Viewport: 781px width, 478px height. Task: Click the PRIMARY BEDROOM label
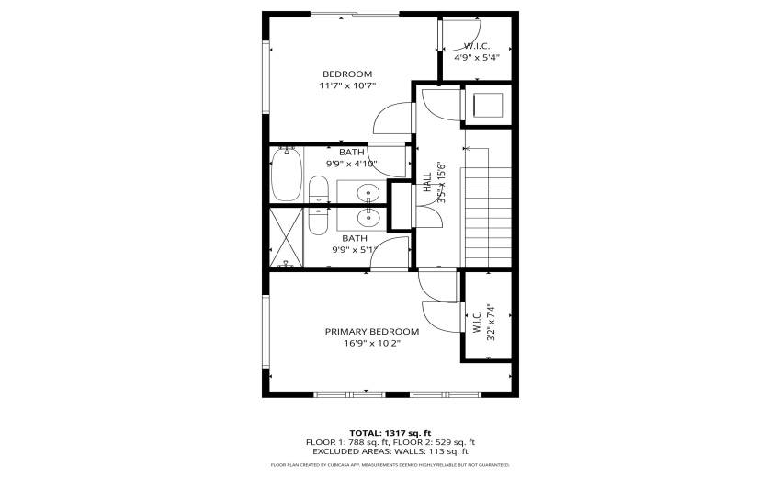point(371,332)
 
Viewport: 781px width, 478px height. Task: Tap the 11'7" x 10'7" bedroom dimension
point(347,85)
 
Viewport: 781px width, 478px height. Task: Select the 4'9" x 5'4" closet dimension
point(477,57)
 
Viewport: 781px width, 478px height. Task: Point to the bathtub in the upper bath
point(286,175)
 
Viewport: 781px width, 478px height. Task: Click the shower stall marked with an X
point(288,237)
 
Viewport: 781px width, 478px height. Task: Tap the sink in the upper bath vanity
point(367,193)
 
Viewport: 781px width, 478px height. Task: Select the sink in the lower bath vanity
point(367,217)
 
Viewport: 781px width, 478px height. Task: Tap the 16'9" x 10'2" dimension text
point(371,345)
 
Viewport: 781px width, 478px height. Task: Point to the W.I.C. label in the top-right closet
point(477,46)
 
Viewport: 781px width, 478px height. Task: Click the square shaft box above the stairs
point(486,105)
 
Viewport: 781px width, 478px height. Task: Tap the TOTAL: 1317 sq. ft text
point(390,432)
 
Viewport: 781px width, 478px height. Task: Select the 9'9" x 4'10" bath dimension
point(352,164)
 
